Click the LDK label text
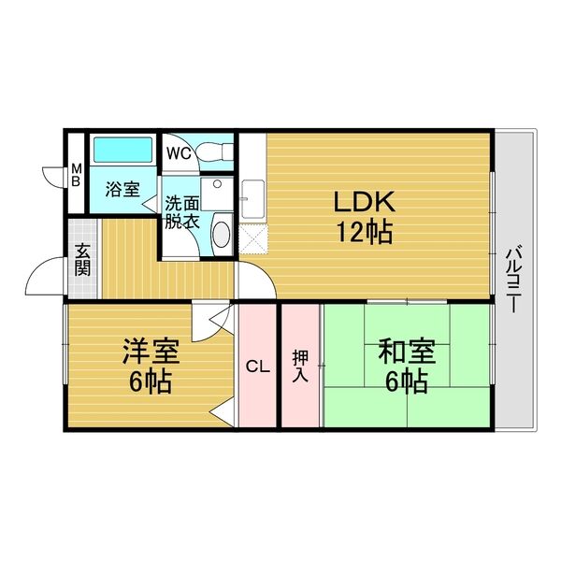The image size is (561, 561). click(365, 201)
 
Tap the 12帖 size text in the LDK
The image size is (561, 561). click(365, 232)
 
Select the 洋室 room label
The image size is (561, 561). click(150, 352)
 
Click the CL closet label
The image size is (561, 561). click(257, 367)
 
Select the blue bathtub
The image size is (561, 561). click(122, 151)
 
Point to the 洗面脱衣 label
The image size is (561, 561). click(181, 212)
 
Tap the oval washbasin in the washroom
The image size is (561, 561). click(221, 232)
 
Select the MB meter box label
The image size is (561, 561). click(77, 175)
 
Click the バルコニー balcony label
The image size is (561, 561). click(514, 279)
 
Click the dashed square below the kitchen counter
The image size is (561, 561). click(252, 237)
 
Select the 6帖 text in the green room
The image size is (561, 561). click(406, 381)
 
